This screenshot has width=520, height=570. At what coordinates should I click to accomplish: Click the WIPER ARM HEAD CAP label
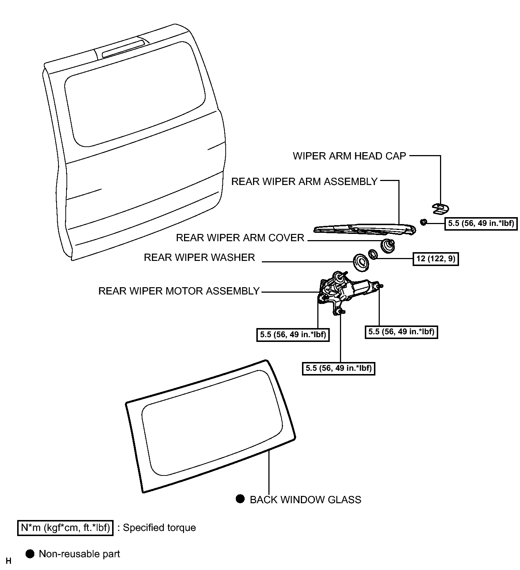pos(349,156)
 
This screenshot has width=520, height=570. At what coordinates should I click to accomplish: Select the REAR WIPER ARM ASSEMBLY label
pos(305,182)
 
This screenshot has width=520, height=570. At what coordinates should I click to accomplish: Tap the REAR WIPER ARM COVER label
pos(240,238)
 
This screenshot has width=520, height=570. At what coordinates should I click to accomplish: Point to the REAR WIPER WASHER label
pos(199,258)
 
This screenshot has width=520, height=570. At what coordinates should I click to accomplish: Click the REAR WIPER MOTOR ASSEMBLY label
pos(179,291)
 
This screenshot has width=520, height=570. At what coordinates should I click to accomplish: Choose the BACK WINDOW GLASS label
pos(305,500)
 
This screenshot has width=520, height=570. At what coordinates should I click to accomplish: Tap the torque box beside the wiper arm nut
pos(481,223)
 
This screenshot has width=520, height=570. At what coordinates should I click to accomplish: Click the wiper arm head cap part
pos(440,208)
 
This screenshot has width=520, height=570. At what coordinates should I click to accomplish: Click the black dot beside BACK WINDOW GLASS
pos(240,499)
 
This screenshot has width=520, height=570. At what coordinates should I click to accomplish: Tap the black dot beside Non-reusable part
pos(30,554)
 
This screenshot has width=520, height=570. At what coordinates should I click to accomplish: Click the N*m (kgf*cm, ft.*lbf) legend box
pos(65,528)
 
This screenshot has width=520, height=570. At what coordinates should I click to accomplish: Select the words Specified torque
pos(159,528)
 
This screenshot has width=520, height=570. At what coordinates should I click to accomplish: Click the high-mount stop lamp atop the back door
pos(123,48)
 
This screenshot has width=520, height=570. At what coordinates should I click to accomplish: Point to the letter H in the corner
pos(9,561)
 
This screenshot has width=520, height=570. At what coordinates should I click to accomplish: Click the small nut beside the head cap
pos(424,222)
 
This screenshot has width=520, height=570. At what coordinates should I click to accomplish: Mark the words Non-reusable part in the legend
pos(79,554)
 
